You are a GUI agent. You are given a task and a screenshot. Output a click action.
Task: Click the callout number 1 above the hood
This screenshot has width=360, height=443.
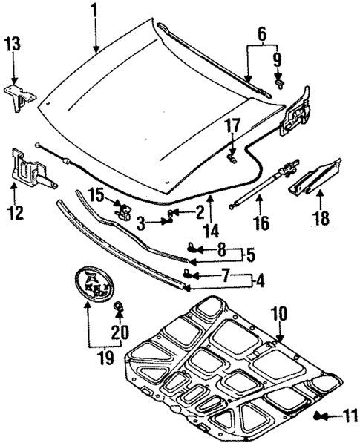click(x=94, y=10)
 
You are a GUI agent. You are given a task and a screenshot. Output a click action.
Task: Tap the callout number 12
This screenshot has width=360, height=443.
click(x=16, y=214)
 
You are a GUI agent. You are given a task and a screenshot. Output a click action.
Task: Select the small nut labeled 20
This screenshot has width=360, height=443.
click(x=117, y=306)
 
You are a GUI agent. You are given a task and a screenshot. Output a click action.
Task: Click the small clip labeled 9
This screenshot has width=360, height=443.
click(x=280, y=83)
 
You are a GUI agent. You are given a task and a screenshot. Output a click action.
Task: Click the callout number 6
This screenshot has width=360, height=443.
click(x=261, y=33)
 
